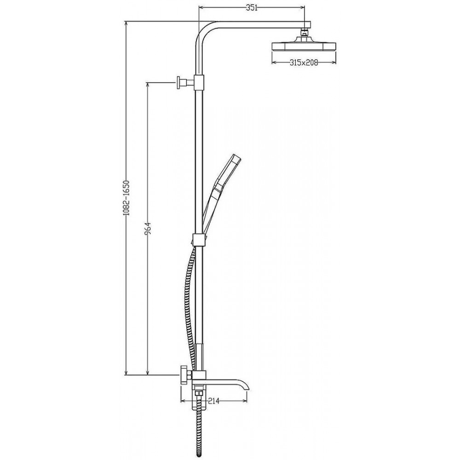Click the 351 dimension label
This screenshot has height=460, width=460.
[252, 8]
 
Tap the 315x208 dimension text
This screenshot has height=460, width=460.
[304, 62]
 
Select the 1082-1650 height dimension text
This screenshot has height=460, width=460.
[126, 198]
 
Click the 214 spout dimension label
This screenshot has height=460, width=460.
[214, 401]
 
